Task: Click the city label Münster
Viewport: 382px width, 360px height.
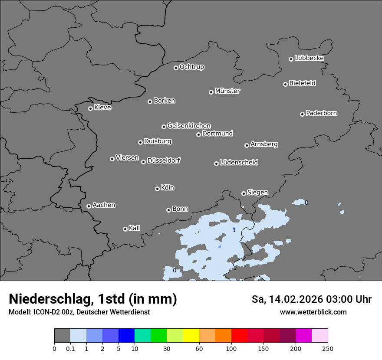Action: click(227, 91)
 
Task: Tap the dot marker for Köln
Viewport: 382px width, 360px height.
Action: click(157, 189)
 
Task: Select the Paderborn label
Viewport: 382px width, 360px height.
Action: click(322, 113)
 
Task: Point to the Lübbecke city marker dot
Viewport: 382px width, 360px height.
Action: click(291, 59)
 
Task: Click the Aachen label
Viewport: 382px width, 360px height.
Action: click(104, 205)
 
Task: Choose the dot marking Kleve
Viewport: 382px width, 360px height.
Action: click(90, 108)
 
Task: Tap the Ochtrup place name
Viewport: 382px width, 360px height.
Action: click(192, 67)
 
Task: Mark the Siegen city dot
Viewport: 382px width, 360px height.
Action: click(244, 193)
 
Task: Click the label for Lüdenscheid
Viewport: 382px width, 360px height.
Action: click(239, 163)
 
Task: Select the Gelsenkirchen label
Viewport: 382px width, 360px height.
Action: click(189, 126)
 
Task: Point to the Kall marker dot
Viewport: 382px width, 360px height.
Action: click(125, 229)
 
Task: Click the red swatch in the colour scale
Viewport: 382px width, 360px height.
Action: click(239, 336)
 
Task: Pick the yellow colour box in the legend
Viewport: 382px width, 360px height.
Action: click(191, 336)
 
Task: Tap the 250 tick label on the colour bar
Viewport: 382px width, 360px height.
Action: click(328, 348)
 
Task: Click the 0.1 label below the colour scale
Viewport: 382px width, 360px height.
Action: click(70, 348)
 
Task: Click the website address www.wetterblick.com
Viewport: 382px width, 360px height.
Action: click(313, 312)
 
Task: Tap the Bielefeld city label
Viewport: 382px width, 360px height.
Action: click(302, 83)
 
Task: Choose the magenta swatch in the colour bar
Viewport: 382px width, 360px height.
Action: click(303, 336)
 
